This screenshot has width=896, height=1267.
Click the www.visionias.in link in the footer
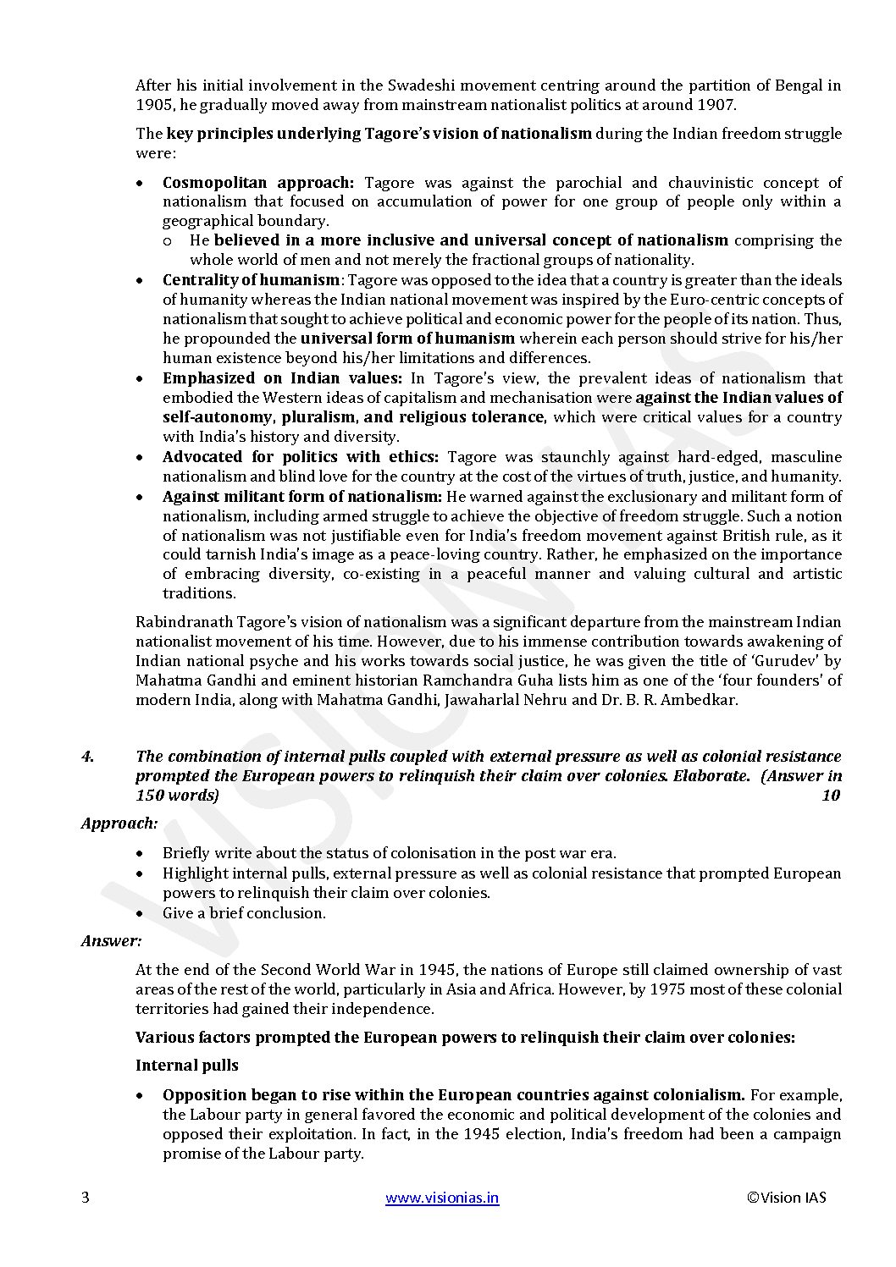point(442,1198)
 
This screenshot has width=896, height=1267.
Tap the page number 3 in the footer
point(85,1198)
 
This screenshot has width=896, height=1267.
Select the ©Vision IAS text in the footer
point(787,1198)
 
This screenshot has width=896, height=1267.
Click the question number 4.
point(87,756)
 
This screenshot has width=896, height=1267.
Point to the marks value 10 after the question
point(830,796)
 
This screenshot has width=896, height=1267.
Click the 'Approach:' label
point(119,823)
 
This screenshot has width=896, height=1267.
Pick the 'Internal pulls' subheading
point(187,1066)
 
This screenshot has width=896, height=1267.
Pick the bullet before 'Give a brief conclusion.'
point(140,913)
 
